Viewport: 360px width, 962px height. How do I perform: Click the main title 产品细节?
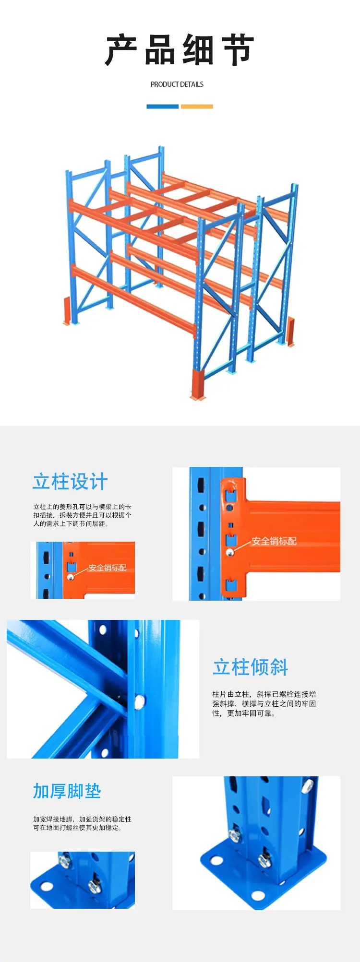(x=180, y=50)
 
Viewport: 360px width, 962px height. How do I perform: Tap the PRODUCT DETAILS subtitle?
(x=177, y=84)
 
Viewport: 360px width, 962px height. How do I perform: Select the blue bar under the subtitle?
(x=162, y=107)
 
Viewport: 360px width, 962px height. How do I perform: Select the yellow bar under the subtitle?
(x=197, y=107)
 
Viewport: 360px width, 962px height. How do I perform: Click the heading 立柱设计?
(x=70, y=482)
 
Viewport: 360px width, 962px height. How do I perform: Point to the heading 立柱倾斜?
(x=250, y=667)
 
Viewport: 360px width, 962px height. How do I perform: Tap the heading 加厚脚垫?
(x=67, y=791)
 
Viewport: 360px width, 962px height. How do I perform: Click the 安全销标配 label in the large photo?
(x=274, y=541)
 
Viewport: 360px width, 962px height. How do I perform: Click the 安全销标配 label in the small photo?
(x=108, y=568)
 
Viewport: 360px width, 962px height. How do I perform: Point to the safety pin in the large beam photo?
(x=230, y=552)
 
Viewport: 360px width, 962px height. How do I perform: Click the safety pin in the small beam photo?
(x=71, y=577)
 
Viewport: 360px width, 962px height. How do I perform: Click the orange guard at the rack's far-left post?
(x=67, y=311)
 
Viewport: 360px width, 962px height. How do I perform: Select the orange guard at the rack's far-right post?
(x=290, y=331)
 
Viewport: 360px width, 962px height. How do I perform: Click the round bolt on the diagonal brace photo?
(x=140, y=702)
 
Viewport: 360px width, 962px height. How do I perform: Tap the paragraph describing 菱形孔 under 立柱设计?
(x=82, y=515)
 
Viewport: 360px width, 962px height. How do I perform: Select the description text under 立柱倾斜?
(x=264, y=704)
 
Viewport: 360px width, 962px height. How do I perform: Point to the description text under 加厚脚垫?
(x=82, y=823)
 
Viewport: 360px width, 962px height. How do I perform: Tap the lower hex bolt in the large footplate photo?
(x=264, y=859)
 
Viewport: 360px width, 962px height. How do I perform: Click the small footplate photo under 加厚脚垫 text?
(x=83, y=880)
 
